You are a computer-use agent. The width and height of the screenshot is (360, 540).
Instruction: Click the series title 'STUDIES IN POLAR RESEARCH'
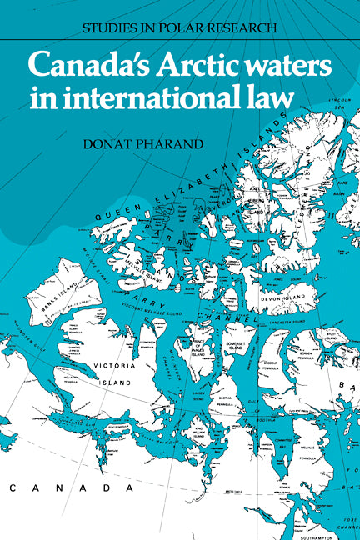point(179,27)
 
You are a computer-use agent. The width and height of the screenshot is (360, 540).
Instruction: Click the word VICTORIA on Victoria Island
point(112,364)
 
